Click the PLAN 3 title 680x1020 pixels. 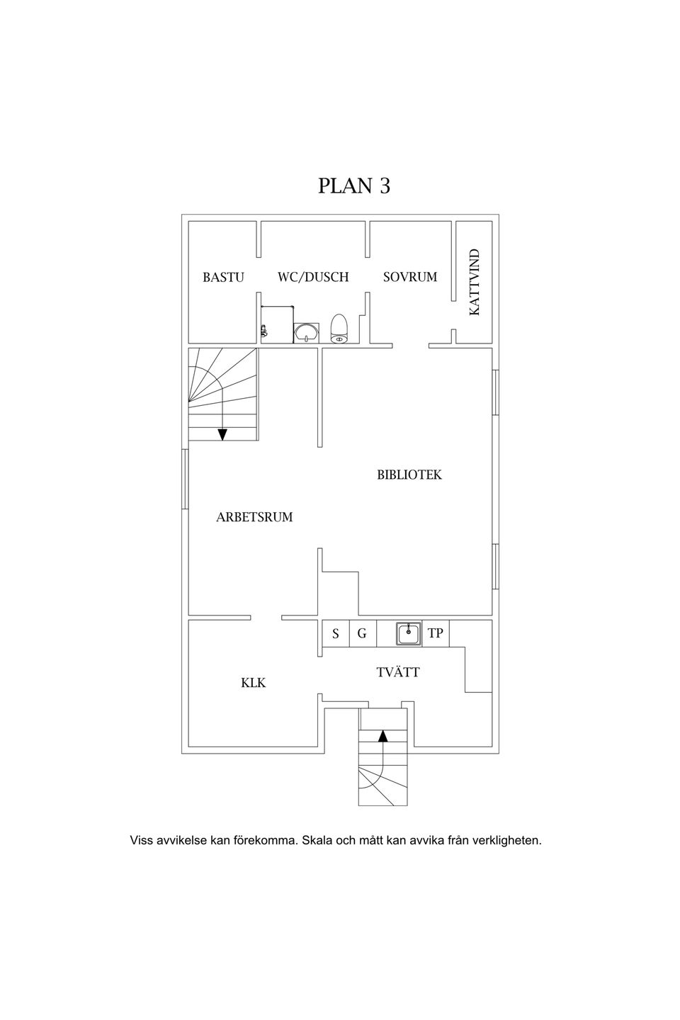pos(354,186)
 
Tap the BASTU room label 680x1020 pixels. pos(223,277)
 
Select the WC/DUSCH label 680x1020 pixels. pos(313,277)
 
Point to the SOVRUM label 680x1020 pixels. pos(410,277)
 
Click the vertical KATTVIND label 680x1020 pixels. pos(474,282)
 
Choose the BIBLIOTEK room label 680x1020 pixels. pos(409,475)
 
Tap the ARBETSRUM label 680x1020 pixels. pos(254,517)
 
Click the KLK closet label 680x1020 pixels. pos(254,683)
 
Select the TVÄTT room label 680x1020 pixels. pos(398,672)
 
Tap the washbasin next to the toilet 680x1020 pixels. pos(307,332)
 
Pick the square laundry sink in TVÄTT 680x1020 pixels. pos(409,633)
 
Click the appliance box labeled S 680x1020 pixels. pos(336,633)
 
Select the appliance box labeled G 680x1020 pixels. pos(363,633)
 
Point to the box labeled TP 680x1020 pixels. pos(436,633)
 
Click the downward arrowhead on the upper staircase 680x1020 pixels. pos(222,435)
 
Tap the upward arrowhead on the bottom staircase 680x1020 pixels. pos(382,736)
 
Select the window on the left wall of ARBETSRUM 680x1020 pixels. pos(185,479)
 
